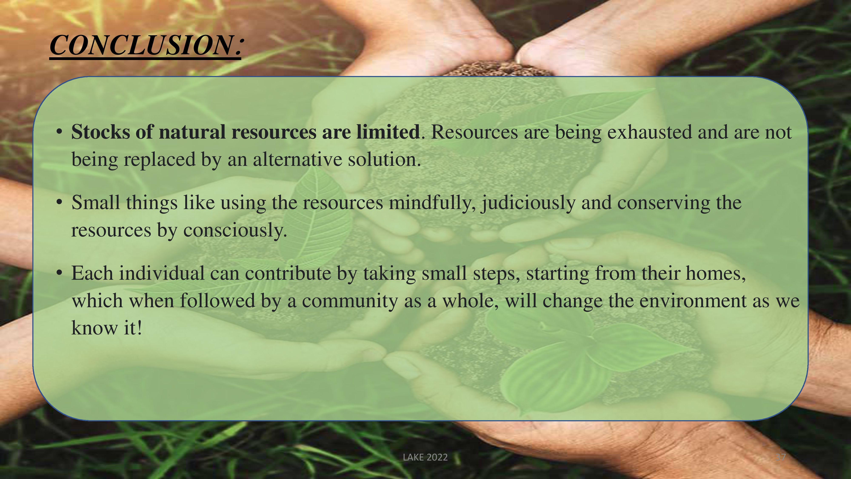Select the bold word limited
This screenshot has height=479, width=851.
point(388,132)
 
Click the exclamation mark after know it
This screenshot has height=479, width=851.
point(139,328)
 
